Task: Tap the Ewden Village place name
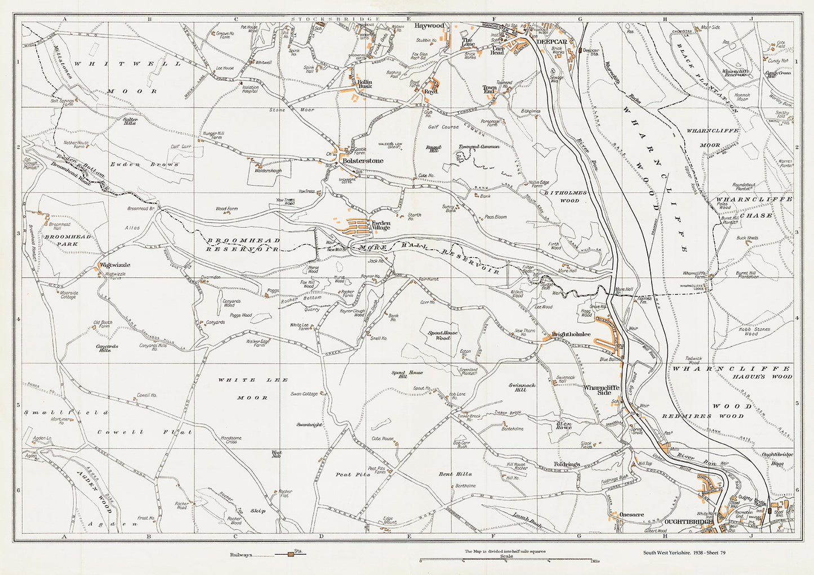click(380, 225)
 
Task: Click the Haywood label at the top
click(429, 26)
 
